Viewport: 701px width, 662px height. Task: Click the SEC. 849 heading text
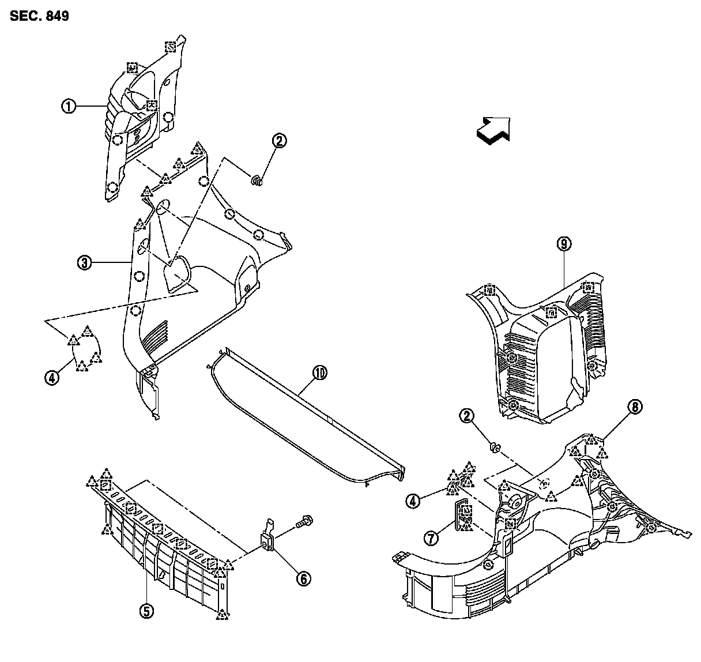click(39, 16)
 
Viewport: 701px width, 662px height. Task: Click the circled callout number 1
click(69, 106)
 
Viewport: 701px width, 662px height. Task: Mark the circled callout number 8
click(634, 408)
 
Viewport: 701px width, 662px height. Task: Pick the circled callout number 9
click(563, 244)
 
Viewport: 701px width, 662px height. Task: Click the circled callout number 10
click(319, 373)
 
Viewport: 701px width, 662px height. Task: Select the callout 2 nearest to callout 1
click(279, 141)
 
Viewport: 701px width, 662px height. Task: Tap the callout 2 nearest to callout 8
click(466, 415)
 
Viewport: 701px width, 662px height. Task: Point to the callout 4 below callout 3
click(52, 378)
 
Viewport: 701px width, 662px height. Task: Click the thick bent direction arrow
click(493, 129)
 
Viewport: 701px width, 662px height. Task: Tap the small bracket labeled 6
click(269, 536)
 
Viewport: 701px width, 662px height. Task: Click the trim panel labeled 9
click(542, 352)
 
